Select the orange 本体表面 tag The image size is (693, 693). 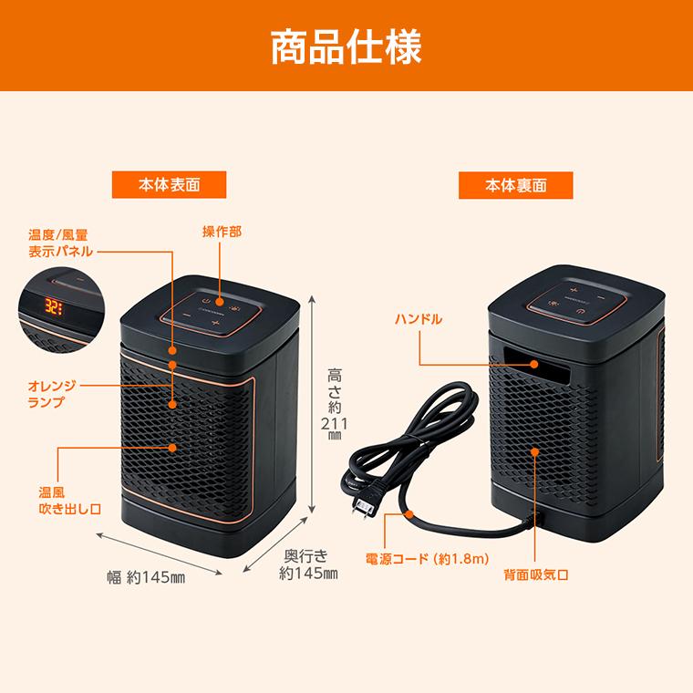click(x=169, y=184)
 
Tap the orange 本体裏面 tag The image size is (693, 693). click(x=515, y=184)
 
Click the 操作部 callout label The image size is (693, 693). click(x=222, y=233)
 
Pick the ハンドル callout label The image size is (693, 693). click(x=419, y=319)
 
